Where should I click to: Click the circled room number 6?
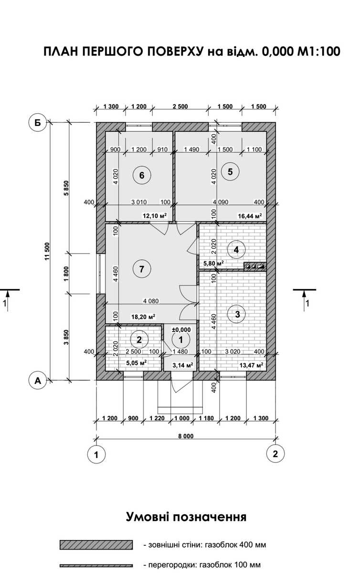point(142,175)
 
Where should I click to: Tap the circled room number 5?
point(230,171)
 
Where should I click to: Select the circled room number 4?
point(236,249)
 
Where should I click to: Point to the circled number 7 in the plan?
point(142,269)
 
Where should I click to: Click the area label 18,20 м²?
point(143,317)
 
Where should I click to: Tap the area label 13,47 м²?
point(251,365)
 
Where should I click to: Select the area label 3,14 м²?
point(183,365)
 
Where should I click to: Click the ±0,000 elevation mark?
point(181,330)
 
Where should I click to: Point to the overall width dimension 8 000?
point(186,436)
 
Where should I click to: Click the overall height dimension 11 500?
point(47,251)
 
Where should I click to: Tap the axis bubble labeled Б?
point(38,123)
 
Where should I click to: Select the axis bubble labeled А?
point(38,381)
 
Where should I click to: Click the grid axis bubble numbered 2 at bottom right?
point(275,454)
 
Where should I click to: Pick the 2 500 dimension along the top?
point(180,106)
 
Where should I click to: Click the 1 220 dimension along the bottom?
point(157,418)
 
